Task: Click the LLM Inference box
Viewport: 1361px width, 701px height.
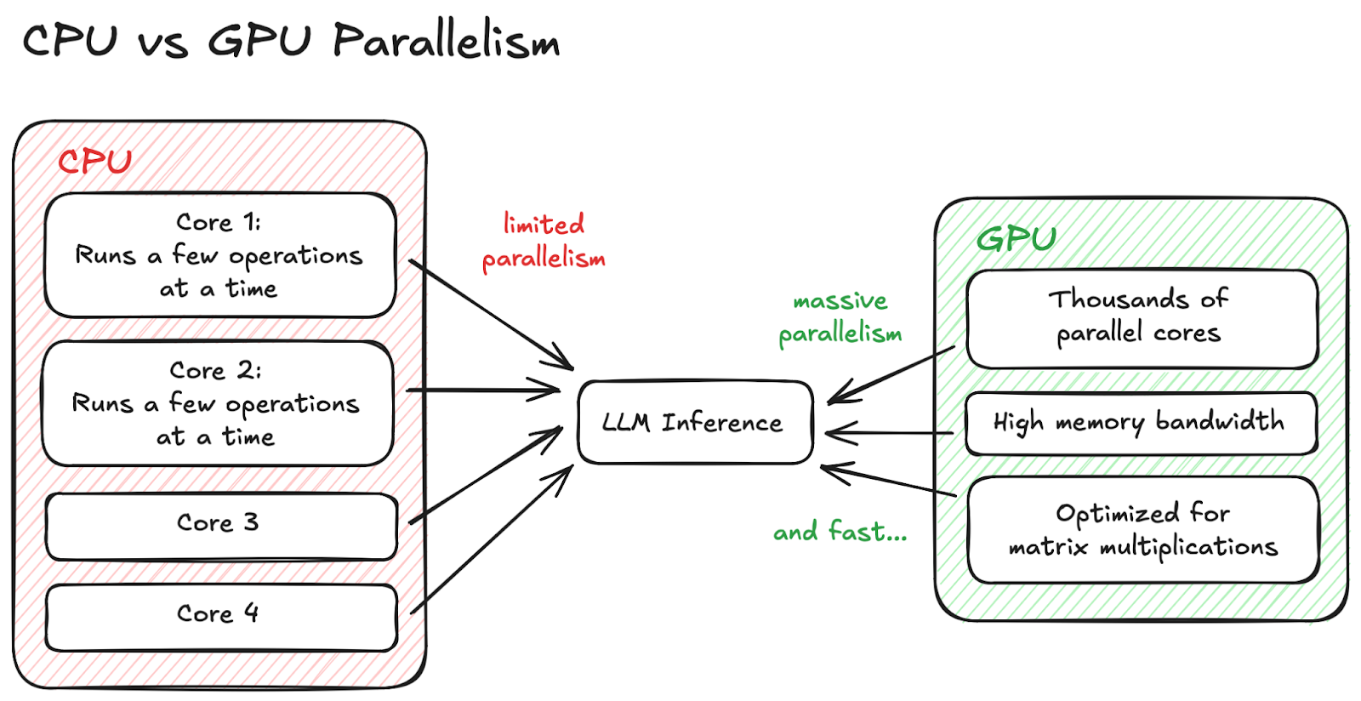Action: click(x=694, y=422)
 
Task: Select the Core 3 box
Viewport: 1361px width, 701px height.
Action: click(x=221, y=526)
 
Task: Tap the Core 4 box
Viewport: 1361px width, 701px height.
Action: click(x=221, y=617)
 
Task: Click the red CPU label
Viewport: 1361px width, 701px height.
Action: click(x=94, y=162)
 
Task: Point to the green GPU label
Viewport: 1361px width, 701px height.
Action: click(x=1016, y=239)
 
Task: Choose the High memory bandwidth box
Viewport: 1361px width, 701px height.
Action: click(x=1140, y=423)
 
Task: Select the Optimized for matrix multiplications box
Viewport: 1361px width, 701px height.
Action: click(x=1142, y=530)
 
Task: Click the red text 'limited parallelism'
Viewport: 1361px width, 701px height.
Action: click(x=544, y=242)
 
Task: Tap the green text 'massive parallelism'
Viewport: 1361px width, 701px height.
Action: click(x=840, y=317)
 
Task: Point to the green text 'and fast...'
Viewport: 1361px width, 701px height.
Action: click(x=840, y=533)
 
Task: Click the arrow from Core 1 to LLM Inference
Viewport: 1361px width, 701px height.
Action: click(x=490, y=314)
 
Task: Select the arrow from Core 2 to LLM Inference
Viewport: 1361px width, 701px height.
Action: click(x=481, y=390)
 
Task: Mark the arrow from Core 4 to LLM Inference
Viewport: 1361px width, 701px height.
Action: click(x=491, y=539)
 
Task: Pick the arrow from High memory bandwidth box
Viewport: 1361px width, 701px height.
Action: click(x=889, y=434)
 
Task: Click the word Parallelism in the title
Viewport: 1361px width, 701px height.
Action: click(x=446, y=41)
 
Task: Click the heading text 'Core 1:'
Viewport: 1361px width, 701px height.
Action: click(x=218, y=223)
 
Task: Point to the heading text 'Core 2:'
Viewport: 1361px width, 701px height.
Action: click(x=215, y=371)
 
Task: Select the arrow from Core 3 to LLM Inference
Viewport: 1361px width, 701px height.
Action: click(x=485, y=476)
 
